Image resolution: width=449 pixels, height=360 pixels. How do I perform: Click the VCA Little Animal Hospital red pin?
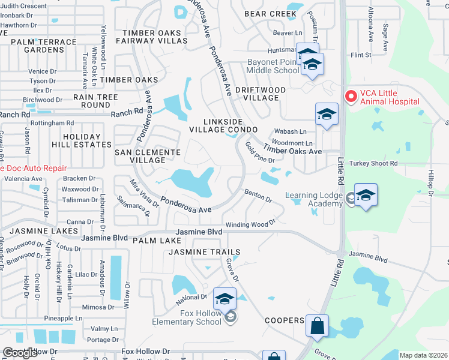tap(350, 96)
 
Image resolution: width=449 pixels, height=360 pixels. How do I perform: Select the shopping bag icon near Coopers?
tap(317, 327)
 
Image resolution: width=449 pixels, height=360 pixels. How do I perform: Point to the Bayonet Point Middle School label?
tap(273, 66)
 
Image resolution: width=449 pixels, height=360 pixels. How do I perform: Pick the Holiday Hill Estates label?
tap(89, 141)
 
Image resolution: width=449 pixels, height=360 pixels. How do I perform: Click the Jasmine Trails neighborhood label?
tap(204, 252)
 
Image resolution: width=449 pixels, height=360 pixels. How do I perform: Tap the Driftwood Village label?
tap(260, 93)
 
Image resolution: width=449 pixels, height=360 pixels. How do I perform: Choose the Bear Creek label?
tap(270, 13)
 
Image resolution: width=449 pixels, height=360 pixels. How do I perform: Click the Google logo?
tap(20, 353)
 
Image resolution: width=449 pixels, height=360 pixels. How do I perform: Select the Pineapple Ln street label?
tap(62, 318)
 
